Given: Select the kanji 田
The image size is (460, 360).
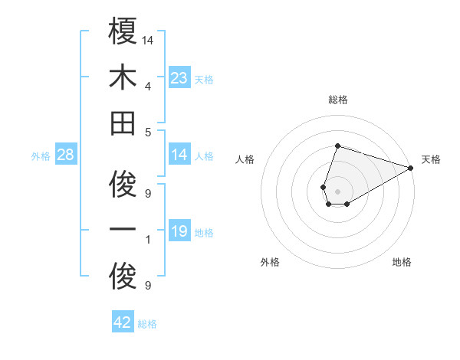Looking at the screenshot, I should (x=123, y=123).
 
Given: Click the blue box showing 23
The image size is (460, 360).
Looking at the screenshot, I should (x=179, y=78).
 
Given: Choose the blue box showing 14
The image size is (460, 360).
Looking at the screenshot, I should (x=179, y=155).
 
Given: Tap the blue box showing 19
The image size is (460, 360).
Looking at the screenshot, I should (x=179, y=231).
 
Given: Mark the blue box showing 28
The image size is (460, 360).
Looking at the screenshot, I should (x=66, y=155).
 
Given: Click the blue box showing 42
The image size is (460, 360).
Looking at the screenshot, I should (x=123, y=322).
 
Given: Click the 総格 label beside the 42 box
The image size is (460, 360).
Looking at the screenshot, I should (x=148, y=324).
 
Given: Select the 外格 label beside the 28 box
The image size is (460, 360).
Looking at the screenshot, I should (x=41, y=156).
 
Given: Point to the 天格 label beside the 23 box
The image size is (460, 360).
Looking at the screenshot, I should (x=205, y=80).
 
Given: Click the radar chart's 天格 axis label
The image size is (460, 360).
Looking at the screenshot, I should (x=431, y=159).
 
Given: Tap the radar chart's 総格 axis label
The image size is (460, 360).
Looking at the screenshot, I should (x=337, y=100).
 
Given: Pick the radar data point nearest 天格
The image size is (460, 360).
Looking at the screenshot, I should (x=412, y=169).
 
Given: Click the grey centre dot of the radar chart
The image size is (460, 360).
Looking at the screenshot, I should (x=337, y=190).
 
